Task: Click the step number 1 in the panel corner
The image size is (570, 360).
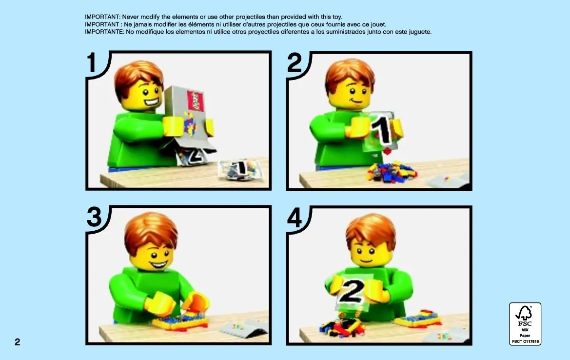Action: click(91, 63)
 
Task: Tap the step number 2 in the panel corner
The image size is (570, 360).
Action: click(295, 63)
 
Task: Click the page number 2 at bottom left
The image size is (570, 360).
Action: click(18, 342)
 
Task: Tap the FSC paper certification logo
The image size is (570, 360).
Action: click(525, 323)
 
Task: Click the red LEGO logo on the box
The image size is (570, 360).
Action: click(195, 101)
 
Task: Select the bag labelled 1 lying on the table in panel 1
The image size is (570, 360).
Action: click(240, 169)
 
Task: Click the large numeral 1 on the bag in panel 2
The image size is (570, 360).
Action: click(382, 130)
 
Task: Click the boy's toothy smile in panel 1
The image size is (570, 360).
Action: click(152, 102)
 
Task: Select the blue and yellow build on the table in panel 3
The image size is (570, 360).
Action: click(180, 321)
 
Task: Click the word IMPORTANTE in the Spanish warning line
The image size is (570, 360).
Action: click(105, 32)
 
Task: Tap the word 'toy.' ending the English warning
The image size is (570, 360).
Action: click(336, 17)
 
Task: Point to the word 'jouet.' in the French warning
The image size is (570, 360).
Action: click(378, 24)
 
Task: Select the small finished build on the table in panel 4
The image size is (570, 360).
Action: click(418, 319)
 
